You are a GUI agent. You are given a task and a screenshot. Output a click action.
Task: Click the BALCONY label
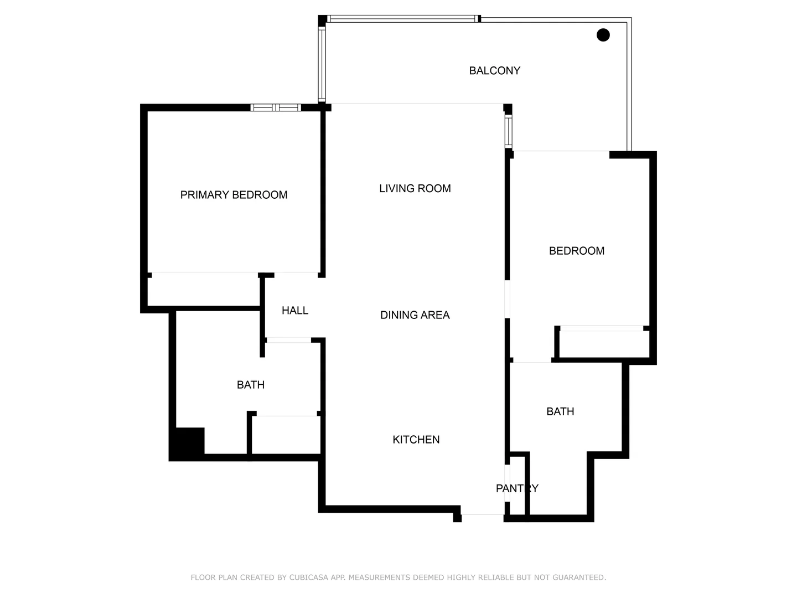click(494, 71)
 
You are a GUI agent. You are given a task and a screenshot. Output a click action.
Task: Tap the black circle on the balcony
click(603, 35)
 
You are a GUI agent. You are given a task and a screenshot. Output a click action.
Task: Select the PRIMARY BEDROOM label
click(234, 195)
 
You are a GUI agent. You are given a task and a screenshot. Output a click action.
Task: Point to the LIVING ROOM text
click(415, 189)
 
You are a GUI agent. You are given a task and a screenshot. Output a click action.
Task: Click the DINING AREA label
click(415, 315)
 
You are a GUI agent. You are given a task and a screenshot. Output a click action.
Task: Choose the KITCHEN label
click(416, 440)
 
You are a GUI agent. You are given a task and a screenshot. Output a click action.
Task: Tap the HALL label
click(294, 311)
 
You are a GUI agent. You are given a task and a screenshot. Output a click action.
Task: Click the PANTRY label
click(516, 488)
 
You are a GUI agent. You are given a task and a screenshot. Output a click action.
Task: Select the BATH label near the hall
click(250, 385)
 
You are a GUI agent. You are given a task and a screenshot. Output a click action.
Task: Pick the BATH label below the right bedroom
click(560, 411)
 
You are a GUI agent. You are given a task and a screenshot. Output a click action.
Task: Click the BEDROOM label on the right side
click(576, 251)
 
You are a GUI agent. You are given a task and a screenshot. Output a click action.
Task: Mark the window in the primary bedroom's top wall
click(275, 107)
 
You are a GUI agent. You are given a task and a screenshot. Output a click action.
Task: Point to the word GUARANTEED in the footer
click(578, 578)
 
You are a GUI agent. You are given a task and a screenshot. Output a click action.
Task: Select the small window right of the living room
click(508, 131)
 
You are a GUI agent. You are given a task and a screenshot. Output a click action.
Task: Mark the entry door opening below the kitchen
click(482, 515)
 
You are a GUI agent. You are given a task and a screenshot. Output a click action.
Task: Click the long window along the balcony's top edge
click(402, 19)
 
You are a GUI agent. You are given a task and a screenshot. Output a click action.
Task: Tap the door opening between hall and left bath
click(288, 340)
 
